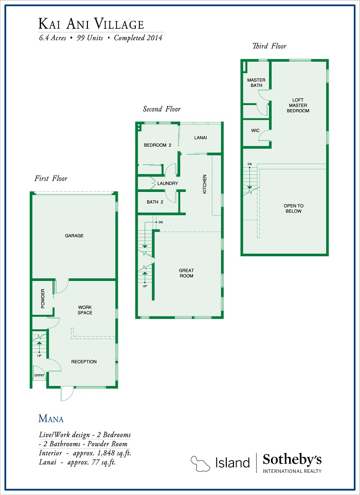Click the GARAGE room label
pos(74,236)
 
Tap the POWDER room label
pos(43,298)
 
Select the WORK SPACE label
pos(85,310)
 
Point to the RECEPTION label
pos(84,361)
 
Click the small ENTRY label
pos(40,375)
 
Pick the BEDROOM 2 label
pos(157,145)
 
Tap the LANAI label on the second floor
pos(201,137)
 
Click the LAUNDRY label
pos(168,183)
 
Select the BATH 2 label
pos(155,202)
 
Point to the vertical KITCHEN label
pos(205,184)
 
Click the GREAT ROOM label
pos(186,273)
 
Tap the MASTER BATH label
pos(256,83)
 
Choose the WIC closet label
pos(255,130)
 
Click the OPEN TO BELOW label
pos(294,208)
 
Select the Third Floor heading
pos(269,46)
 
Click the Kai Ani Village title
pos(91,24)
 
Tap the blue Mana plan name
pos(51,419)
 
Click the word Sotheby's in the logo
pos(292,459)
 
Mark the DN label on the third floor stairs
pos(250,164)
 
